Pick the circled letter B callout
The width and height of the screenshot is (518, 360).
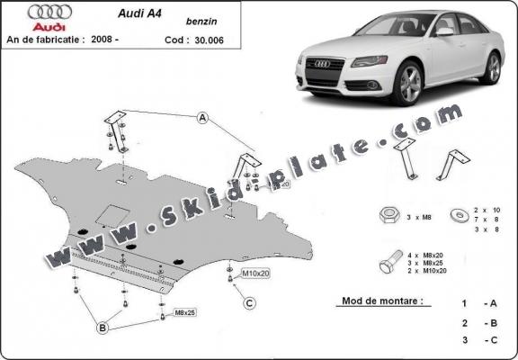[103, 328]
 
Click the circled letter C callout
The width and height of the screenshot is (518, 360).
[250, 302]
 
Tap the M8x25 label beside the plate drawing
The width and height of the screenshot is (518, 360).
[184, 314]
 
